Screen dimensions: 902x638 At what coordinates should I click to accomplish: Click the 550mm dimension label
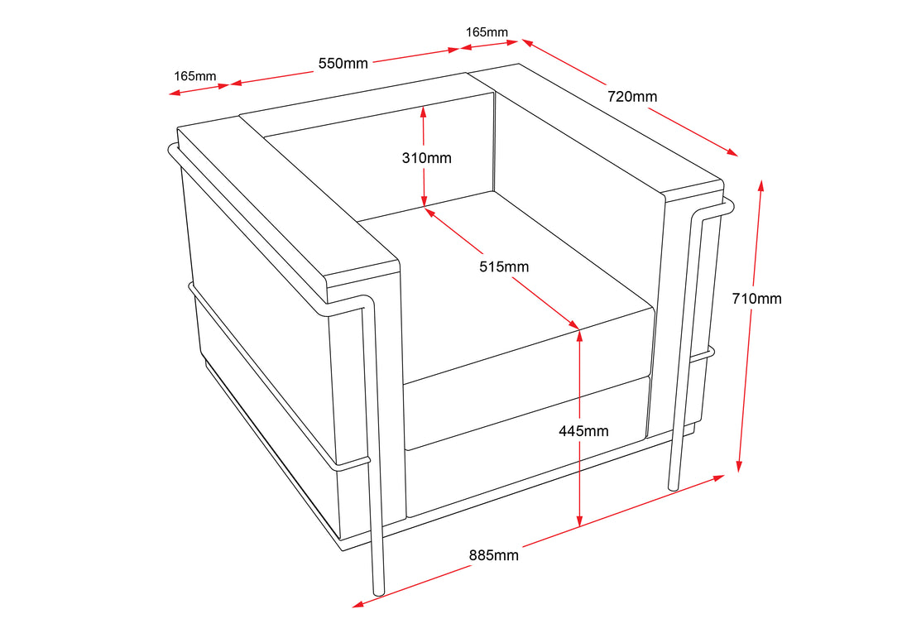point(343,63)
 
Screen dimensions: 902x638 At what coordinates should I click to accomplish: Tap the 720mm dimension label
point(632,97)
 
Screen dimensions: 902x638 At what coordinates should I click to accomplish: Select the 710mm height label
point(756,299)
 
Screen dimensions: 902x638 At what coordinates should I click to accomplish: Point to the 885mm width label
point(493,555)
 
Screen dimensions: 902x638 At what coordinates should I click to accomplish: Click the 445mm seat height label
point(583,431)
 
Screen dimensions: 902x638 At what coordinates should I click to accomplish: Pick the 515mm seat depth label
point(504,267)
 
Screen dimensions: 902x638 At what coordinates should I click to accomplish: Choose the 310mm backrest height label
point(426,157)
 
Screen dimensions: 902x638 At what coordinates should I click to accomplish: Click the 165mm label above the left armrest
point(195,76)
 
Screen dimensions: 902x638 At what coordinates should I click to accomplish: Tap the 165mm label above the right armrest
point(487,32)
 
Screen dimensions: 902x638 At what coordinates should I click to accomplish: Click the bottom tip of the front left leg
point(379,592)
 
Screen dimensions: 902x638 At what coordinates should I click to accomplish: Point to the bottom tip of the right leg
point(673,488)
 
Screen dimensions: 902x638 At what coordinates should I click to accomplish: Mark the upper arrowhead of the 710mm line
point(760,185)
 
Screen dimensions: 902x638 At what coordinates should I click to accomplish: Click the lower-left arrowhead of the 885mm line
point(357,604)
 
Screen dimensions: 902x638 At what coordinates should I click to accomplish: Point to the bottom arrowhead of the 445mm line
point(580,520)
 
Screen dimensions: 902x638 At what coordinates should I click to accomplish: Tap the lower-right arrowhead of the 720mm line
point(732,152)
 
